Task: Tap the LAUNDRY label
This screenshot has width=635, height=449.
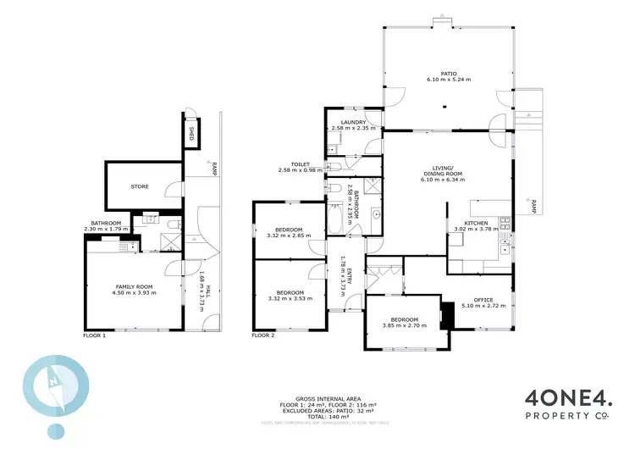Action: point(352,122)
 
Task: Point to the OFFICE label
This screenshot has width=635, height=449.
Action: point(483,300)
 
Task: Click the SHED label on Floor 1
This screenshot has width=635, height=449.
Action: point(191,132)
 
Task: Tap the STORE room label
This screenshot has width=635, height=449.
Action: point(140,186)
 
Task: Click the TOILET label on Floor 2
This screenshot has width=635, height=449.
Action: point(301,164)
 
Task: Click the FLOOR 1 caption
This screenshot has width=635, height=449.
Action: point(94,336)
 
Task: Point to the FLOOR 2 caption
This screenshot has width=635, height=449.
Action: point(263,336)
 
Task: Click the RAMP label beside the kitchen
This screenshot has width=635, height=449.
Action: point(532,205)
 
